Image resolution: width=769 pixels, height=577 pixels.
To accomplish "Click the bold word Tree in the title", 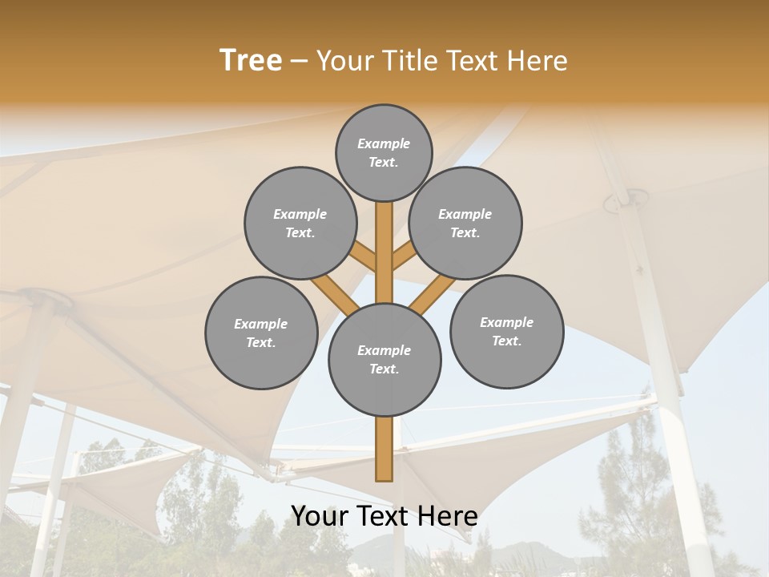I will tap(251, 60).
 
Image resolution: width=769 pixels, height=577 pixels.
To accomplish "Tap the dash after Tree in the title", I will tap(300, 61).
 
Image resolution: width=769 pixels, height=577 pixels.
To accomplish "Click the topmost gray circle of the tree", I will tap(384, 152).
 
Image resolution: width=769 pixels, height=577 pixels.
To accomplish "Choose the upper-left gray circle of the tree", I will tap(300, 223).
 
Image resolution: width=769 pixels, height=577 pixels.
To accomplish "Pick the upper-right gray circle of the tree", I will tap(465, 223).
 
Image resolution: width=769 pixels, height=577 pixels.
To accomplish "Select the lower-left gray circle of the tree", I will tap(261, 333).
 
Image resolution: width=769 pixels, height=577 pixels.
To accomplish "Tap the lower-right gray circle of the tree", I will tap(506, 331).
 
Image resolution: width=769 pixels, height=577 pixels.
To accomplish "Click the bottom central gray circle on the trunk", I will tap(384, 360).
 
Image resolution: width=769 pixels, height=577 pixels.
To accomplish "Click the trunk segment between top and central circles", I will tap(384, 252).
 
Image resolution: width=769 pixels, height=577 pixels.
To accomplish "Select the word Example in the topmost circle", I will tap(384, 144).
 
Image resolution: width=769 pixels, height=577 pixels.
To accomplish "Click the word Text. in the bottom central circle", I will tap(384, 369).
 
